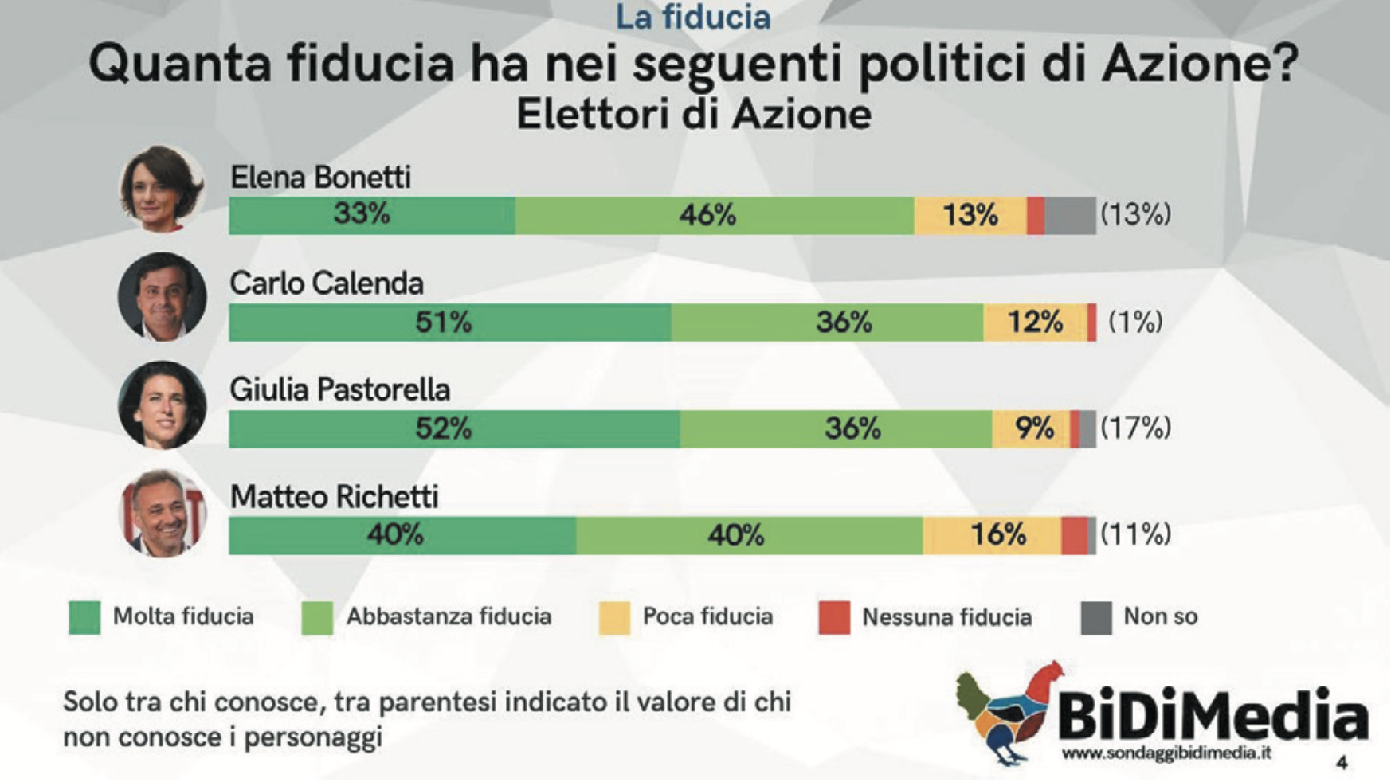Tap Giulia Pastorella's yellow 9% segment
pos(1031,429)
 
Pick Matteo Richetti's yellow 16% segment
pos(992,535)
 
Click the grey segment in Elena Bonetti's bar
pos(1070,216)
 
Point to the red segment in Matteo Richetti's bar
pos(1074,535)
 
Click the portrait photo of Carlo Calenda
pos(163,297)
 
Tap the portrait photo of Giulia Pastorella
pos(163,405)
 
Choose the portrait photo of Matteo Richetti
pos(163,513)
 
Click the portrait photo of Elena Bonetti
pos(163,189)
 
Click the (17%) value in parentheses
pos(1135,428)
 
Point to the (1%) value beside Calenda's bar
pos(1135,322)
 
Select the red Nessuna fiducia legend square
pos(834,618)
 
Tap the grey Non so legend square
pos(1095,618)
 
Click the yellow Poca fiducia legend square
pos(614,618)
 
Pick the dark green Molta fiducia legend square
pos(84,618)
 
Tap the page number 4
pos(1342,762)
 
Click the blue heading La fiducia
pos(693,18)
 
